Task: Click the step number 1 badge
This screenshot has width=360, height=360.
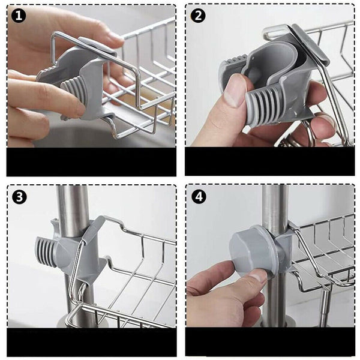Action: (x=19, y=16)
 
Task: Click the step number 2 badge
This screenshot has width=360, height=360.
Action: (x=198, y=16)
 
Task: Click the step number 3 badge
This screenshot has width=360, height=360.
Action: (x=20, y=197)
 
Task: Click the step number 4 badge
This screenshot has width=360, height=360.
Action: (x=199, y=197)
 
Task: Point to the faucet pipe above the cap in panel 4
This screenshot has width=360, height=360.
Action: (x=275, y=206)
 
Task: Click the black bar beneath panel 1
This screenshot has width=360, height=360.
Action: (x=91, y=161)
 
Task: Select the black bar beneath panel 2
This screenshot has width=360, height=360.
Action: (x=270, y=161)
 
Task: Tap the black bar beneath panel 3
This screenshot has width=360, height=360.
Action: (x=92, y=342)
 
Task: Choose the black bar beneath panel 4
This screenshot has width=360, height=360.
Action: (x=270, y=341)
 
